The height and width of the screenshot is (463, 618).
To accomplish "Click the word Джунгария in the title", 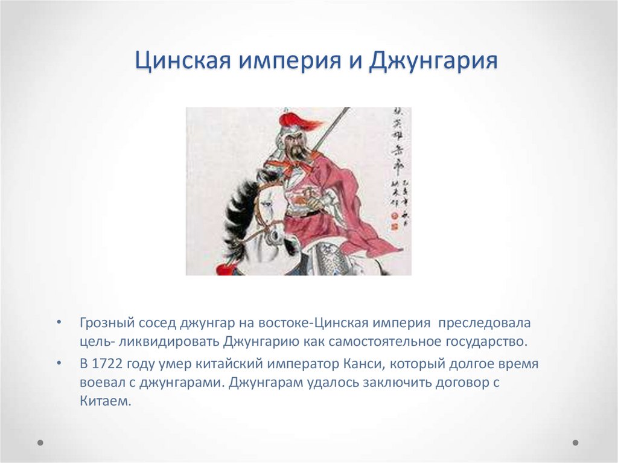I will click(x=433, y=62).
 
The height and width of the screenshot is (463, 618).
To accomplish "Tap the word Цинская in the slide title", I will click(x=181, y=62).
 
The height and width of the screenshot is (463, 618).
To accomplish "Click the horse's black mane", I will click(x=237, y=208).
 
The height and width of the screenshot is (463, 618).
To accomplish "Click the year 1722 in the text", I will click(x=104, y=365).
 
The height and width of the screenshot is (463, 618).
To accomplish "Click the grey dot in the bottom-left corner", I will click(x=40, y=442).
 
